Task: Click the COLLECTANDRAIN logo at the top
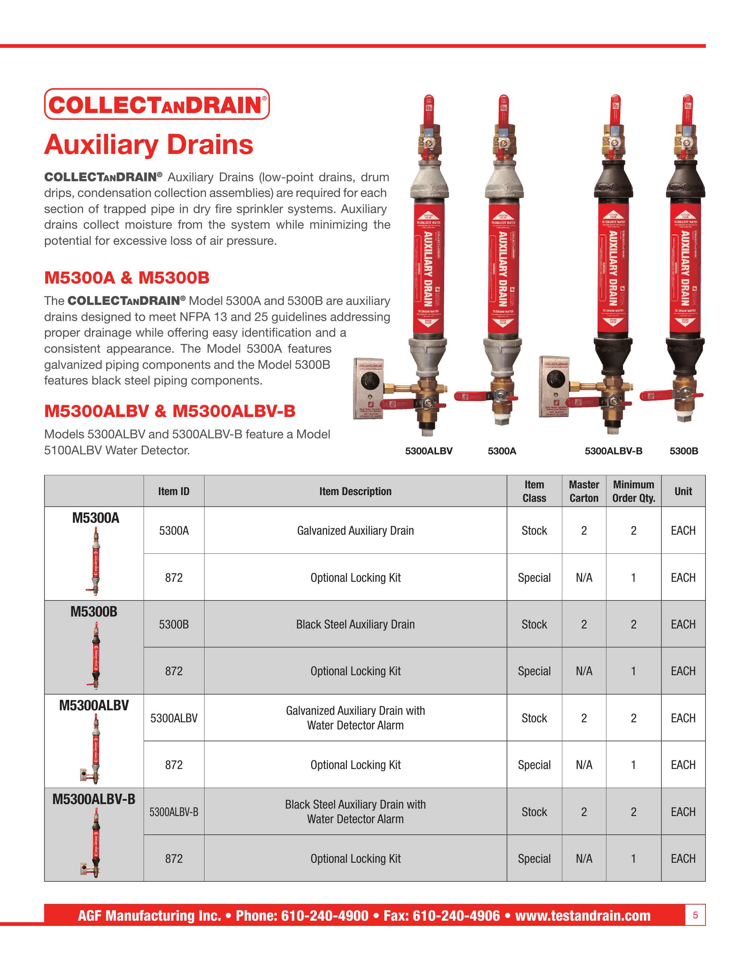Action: click(x=156, y=104)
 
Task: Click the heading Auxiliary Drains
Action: click(x=148, y=144)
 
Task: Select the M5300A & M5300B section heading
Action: click(x=127, y=278)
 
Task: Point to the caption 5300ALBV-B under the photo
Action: click(x=613, y=451)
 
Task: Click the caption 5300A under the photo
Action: click(x=502, y=451)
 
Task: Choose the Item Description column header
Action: click(x=355, y=491)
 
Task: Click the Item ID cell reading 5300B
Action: click(x=174, y=624)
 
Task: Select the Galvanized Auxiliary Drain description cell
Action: click(x=355, y=531)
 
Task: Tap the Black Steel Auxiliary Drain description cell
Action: click(x=355, y=624)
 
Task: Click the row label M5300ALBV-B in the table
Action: click(x=94, y=799)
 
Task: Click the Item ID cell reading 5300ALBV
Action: click(x=174, y=718)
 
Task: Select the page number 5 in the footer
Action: click(x=695, y=915)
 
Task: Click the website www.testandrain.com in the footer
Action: click(x=583, y=915)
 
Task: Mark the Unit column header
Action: click(x=683, y=491)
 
